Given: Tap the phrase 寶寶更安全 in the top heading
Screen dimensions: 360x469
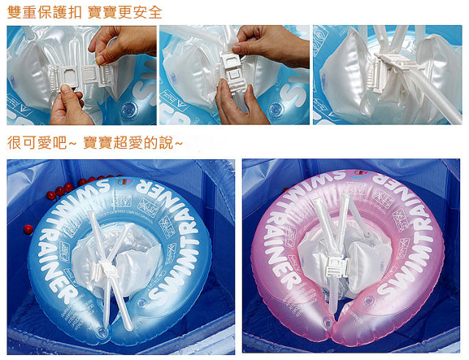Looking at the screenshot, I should [x=126, y=12].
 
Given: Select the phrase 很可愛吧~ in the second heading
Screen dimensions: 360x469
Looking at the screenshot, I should [x=40, y=143].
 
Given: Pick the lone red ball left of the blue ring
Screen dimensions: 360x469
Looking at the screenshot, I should [x=28, y=229].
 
